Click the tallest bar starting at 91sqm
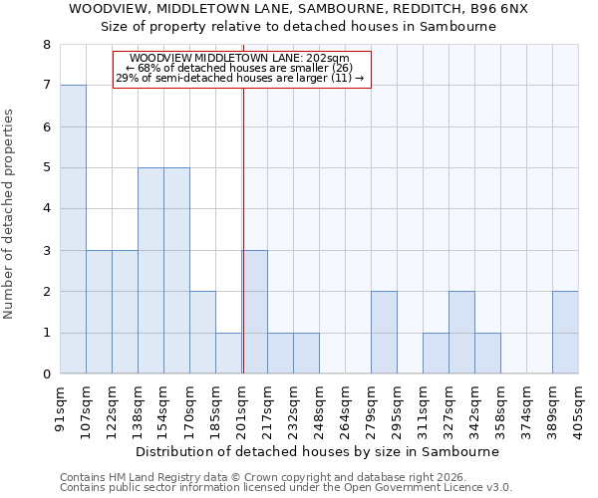coord(73,229)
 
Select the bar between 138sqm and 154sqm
coord(150,271)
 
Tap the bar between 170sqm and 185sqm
coord(202,333)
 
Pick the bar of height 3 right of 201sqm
coord(255,312)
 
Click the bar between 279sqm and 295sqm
coord(384,333)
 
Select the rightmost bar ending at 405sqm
coord(565,333)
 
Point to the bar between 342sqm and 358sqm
coord(487,354)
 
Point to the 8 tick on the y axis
coord(46,45)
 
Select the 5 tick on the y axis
coord(46,168)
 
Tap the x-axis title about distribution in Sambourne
coord(316,451)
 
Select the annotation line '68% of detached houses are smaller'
coord(239,68)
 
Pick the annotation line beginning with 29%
coord(239,78)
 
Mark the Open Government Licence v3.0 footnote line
coord(286,488)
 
